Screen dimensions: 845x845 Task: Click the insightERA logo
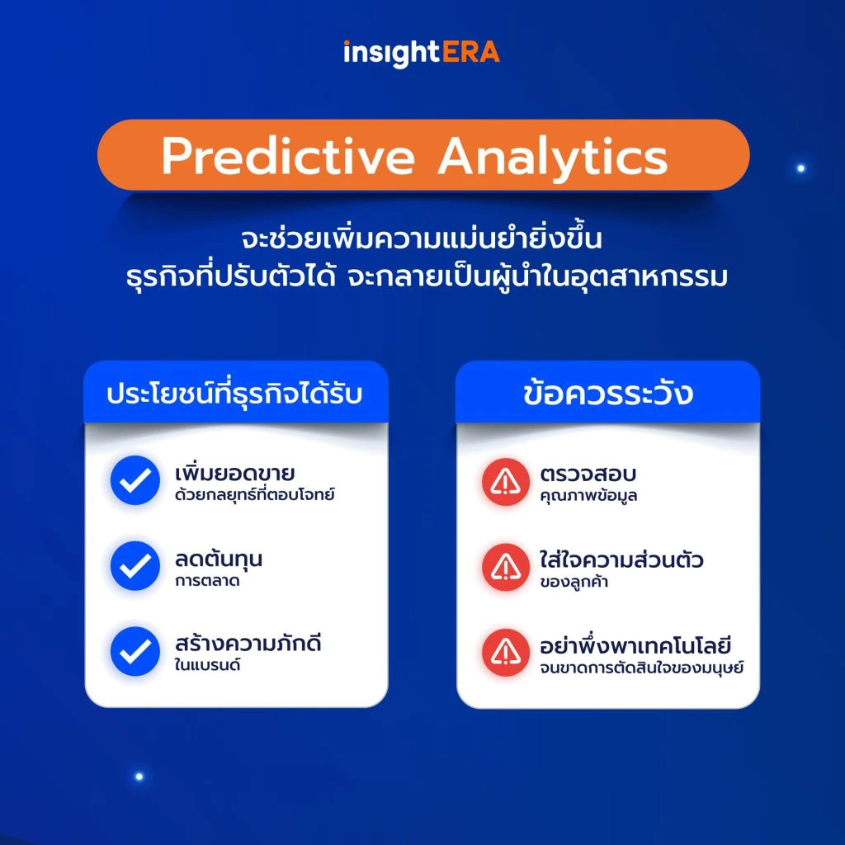tap(422, 53)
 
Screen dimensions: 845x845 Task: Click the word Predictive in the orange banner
tap(288, 156)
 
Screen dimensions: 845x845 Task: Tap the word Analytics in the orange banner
tap(553, 158)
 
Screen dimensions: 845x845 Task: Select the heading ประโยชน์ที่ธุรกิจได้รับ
tap(234, 393)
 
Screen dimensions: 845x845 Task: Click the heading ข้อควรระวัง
tap(608, 393)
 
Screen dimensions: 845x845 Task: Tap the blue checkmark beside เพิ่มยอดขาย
tap(135, 479)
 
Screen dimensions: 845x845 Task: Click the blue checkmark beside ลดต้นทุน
tap(135, 566)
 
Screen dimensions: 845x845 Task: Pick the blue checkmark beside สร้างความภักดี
tap(135, 651)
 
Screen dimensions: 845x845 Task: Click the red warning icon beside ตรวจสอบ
tap(506, 482)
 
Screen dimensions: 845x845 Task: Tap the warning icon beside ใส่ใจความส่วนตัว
tap(506, 568)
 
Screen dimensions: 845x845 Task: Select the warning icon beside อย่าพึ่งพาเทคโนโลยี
tap(506, 653)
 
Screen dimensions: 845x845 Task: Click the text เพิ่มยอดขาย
tap(235, 472)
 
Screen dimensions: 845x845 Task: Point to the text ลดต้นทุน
tap(219, 559)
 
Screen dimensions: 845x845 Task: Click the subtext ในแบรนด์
tap(207, 664)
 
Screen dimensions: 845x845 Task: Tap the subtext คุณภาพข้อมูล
tap(588, 495)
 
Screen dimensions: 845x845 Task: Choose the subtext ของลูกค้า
tap(574, 582)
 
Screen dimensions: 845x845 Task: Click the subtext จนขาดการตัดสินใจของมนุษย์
tap(642, 667)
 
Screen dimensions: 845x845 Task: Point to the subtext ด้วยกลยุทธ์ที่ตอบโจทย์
tap(254, 493)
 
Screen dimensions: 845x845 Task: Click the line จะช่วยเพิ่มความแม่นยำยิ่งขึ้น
tap(422, 238)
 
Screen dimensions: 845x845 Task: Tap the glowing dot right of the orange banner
tap(800, 168)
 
